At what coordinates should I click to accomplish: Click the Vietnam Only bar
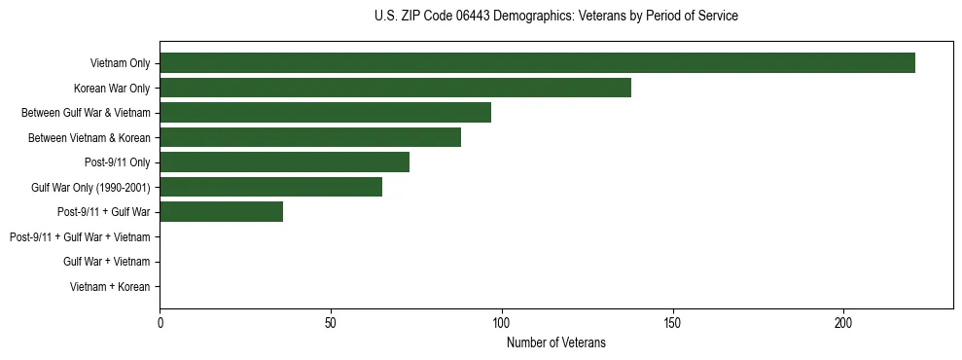(537, 63)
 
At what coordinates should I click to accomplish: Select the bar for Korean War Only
(395, 88)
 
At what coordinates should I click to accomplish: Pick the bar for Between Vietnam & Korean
(310, 137)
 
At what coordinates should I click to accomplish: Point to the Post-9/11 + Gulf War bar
(221, 212)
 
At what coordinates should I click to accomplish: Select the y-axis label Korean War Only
(112, 89)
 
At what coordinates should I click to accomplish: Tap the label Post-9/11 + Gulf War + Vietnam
(80, 237)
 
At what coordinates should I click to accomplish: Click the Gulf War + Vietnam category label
(106, 262)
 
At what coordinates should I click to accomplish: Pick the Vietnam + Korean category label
(110, 287)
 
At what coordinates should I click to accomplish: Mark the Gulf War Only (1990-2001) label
(90, 188)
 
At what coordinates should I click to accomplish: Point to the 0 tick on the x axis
(160, 322)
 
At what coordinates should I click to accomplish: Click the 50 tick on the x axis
(331, 322)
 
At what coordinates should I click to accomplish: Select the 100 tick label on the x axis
(502, 322)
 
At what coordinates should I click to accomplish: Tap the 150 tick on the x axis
(672, 322)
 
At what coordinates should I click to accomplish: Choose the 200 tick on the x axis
(843, 322)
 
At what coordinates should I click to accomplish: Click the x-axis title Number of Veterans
(555, 342)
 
